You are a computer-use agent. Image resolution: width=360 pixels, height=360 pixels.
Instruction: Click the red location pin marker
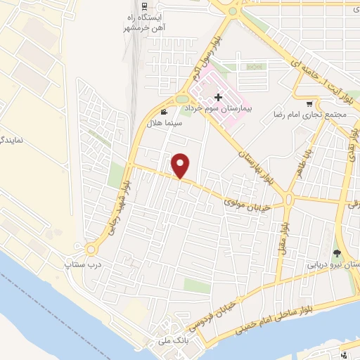tap(181, 166)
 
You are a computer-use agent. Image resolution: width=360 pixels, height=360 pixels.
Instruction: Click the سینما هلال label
tap(164, 122)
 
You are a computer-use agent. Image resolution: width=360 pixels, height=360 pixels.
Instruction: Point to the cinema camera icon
tap(164, 112)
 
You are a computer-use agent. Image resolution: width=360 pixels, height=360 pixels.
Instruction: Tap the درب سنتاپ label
tap(79, 264)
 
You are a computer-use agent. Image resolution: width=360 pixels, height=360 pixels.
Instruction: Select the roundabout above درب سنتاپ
tap(91, 249)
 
